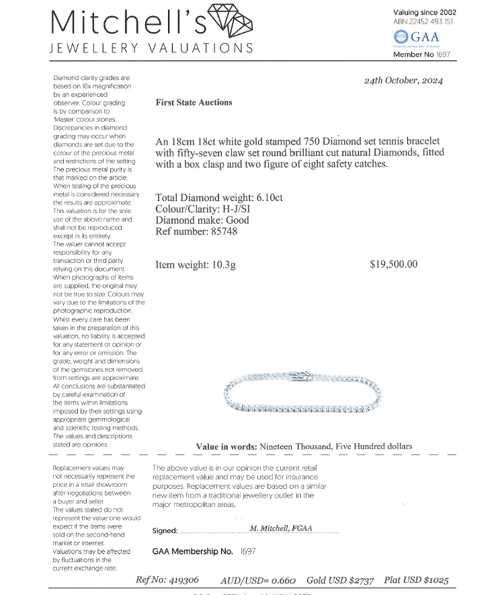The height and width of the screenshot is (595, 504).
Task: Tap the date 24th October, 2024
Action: pyautogui.click(x=403, y=81)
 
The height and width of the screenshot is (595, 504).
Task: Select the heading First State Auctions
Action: pyautogui.click(x=194, y=103)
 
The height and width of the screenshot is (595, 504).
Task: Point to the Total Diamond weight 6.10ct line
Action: pyautogui.click(x=219, y=198)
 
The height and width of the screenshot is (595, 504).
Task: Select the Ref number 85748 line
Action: pyautogui.click(x=196, y=231)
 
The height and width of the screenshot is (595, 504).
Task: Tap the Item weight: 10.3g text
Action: pyautogui.click(x=196, y=265)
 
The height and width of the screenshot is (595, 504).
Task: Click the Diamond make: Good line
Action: pyautogui.click(x=202, y=220)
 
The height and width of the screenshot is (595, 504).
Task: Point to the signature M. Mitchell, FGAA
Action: pyautogui.click(x=281, y=528)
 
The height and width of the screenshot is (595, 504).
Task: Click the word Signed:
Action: pyautogui.click(x=165, y=530)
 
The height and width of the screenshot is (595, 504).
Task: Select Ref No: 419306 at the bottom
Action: pyautogui.click(x=167, y=580)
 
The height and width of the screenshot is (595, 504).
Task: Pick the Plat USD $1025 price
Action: pyautogui.click(x=417, y=580)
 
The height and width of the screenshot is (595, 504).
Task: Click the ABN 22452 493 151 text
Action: pyautogui.click(x=423, y=22)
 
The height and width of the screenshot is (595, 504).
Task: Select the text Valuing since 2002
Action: pyautogui.click(x=425, y=12)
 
